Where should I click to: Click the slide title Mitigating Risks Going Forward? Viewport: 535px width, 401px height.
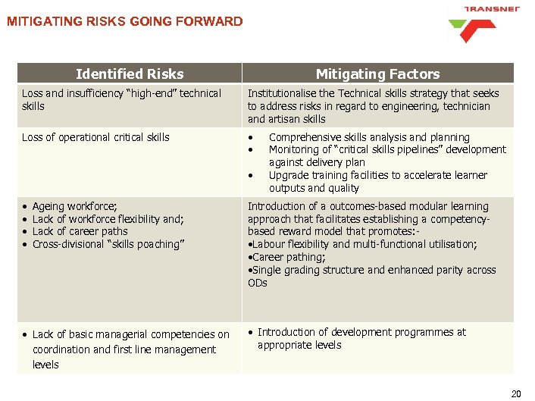(x=125, y=21)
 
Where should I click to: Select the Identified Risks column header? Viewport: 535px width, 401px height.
(x=130, y=74)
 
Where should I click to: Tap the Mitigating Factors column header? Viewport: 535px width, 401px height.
(x=377, y=74)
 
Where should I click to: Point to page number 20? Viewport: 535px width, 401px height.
(x=516, y=393)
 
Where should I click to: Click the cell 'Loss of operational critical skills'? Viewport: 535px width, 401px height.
(x=95, y=137)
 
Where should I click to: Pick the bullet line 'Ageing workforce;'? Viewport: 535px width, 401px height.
(x=74, y=206)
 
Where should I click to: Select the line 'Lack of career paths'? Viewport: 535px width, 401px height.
(x=80, y=232)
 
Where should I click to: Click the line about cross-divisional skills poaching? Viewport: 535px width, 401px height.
(x=108, y=245)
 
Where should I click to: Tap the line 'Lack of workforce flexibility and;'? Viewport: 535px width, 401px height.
(x=108, y=219)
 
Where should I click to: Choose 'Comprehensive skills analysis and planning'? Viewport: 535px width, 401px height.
(x=369, y=137)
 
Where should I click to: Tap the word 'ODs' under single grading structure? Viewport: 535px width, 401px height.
(x=258, y=283)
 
